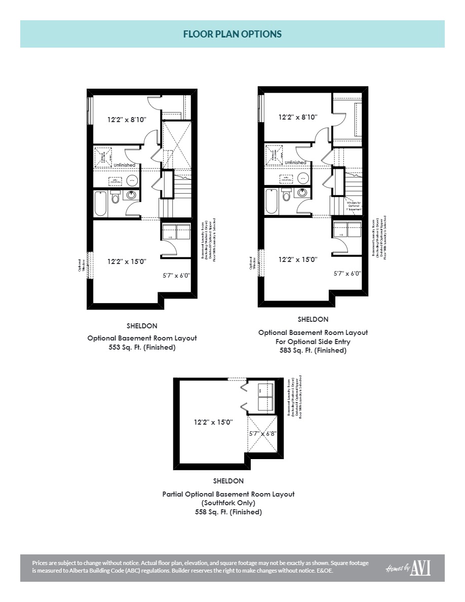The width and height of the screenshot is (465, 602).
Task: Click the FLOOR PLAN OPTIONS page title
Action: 232,34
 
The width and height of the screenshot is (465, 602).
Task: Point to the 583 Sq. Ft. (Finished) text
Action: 313,351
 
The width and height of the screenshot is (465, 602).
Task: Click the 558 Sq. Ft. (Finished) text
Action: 228,512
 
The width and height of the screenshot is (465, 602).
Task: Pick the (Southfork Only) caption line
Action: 228,503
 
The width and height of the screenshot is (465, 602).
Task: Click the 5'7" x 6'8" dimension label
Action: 263,434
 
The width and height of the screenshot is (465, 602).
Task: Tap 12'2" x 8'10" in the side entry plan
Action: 298,117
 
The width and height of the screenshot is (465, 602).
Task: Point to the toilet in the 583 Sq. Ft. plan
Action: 287,196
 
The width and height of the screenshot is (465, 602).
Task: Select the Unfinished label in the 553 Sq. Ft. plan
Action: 124,165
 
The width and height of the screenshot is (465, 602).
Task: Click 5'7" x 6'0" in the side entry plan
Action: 347,273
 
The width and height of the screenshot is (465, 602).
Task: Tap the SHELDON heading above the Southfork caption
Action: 228,481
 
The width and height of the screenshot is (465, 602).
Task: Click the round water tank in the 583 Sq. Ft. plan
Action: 303,178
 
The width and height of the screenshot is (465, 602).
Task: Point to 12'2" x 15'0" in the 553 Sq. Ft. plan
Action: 127,261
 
